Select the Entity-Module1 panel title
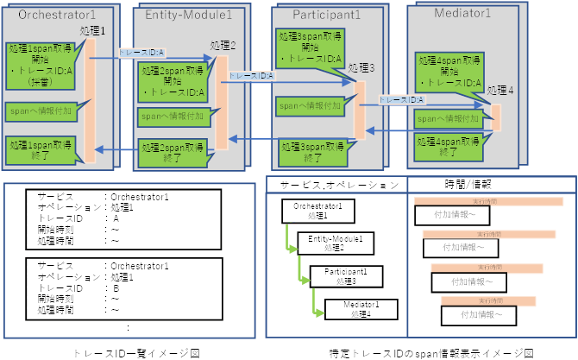click(x=189, y=16)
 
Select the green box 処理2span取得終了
click(x=172, y=152)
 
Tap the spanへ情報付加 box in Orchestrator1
click(x=39, y=111)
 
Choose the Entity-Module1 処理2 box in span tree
click(x=334, y=243)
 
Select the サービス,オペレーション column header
click(x=333, y=184)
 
